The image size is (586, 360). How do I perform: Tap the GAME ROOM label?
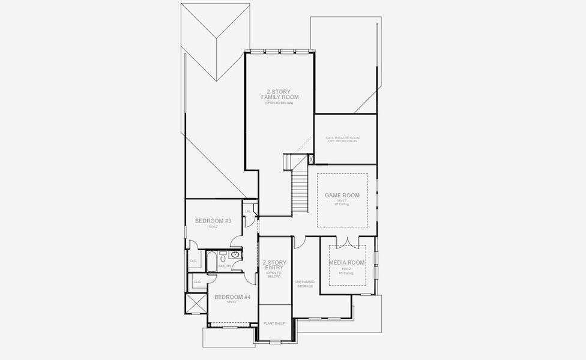tap(342, 196)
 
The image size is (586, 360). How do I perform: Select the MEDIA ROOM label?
tap(346, 263)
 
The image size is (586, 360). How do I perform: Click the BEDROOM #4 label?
tap(232, 297)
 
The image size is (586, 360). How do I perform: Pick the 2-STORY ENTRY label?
tap(274, 265)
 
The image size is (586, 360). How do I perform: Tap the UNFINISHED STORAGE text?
tap(304, 284)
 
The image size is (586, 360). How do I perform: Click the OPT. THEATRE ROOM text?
tap(342, 137)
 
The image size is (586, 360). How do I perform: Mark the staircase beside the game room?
tap(299, 190)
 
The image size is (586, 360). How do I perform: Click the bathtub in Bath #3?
tap(212, 260)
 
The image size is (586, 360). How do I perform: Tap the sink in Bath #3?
tap(235, 255)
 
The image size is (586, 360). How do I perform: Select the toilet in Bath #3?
tap(222, 254)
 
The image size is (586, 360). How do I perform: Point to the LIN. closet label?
tap(248, 211)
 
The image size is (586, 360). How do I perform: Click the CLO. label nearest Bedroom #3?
tap(193, 260)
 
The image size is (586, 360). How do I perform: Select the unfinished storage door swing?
tap(299, 241)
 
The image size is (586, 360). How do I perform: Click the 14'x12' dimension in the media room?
tap(346, 269)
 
